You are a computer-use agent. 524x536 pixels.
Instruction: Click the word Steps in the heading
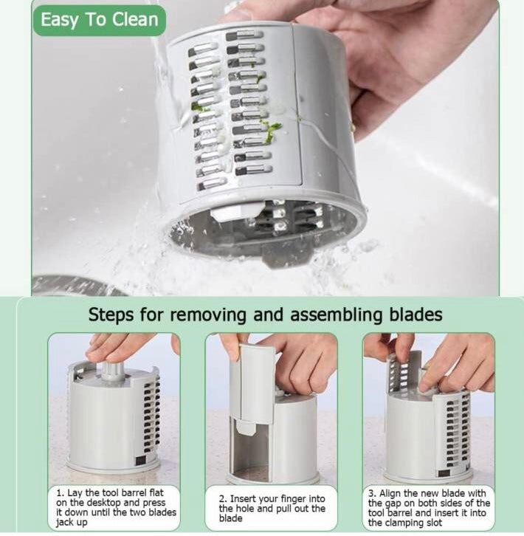[111, 315]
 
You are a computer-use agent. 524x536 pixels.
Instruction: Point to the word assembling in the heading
[337, 315]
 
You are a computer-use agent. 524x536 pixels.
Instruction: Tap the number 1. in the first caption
[61, 493]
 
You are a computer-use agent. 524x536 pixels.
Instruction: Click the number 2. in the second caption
[223, 499]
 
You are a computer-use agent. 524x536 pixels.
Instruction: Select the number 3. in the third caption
[373, 494]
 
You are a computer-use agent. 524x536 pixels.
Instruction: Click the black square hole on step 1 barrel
[141, 461]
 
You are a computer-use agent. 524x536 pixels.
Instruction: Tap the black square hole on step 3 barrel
[444, 473]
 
